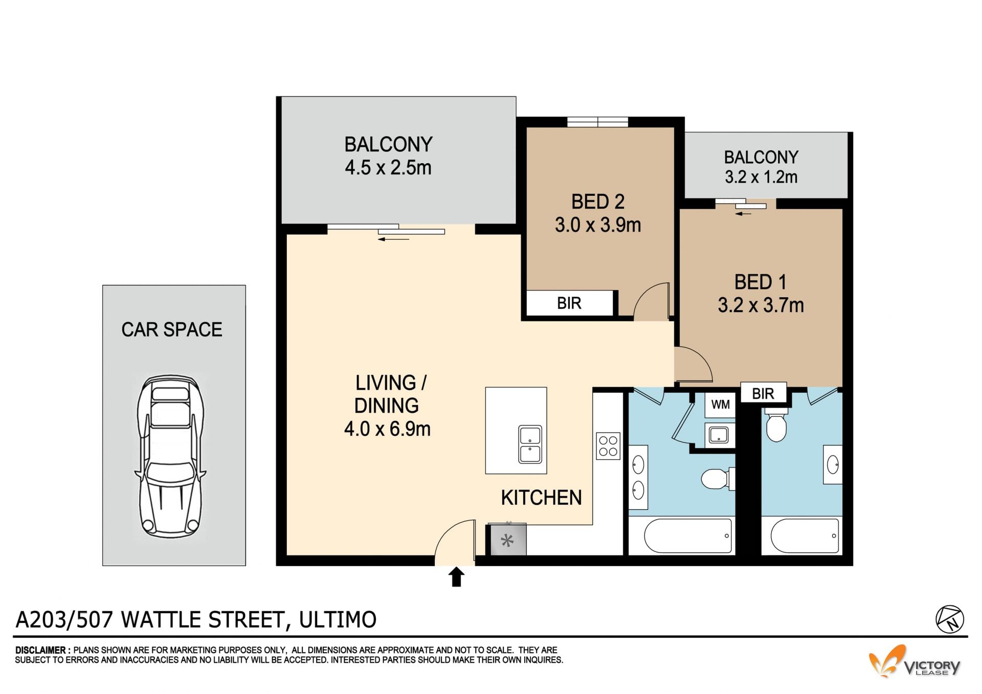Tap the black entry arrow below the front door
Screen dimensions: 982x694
(456, 576)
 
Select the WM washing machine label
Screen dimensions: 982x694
(720, 405)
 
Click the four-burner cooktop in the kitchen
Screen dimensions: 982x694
(608, 445)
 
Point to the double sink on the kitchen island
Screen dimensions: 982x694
(530, 444)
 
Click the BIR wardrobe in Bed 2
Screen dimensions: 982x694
(569, 303)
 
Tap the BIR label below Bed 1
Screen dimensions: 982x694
(763, 393)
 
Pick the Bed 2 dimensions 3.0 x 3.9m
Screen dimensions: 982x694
(598, 225)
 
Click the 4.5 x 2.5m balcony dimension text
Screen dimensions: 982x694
(388, 168)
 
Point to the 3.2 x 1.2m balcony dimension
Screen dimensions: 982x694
(761, 177)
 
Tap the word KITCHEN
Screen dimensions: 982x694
(541, 498)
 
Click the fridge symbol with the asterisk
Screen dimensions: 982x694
(507, 540)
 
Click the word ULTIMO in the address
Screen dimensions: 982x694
(338, 619)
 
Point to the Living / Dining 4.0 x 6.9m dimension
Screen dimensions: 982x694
(387, 429)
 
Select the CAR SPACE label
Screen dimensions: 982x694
(172, 329)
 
